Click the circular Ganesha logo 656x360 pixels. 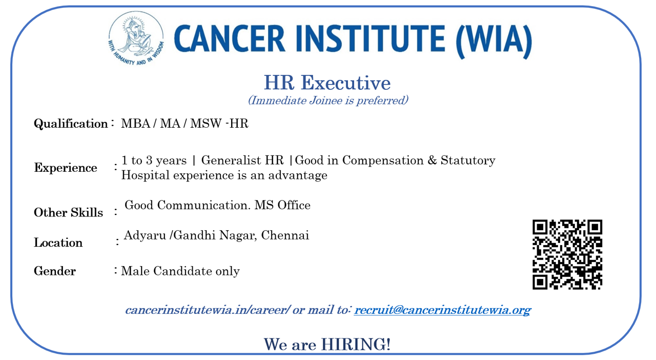click(136, 38)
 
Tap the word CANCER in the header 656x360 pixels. click(229, 38)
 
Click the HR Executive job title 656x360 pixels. click(327, 83)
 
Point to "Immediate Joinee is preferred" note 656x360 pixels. click(328, 101)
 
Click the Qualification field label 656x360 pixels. click(71, 124)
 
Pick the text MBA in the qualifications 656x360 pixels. click(136, 124)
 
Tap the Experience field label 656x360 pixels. click(66, 168)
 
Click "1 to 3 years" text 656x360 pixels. click(154, 161)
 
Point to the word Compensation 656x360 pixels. click(383, 161)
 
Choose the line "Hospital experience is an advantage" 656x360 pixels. click(224, 175)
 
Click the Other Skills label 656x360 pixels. click(69, 212)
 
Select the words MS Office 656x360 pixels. click(282, 205)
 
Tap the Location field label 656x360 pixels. click(58, 243)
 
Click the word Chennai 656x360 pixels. click(285, 235)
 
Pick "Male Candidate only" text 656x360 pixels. click(180, 271)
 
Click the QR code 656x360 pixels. click(567, 254)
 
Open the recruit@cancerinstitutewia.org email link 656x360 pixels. click(442, 310)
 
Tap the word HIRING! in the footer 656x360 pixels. click(356, 344)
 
